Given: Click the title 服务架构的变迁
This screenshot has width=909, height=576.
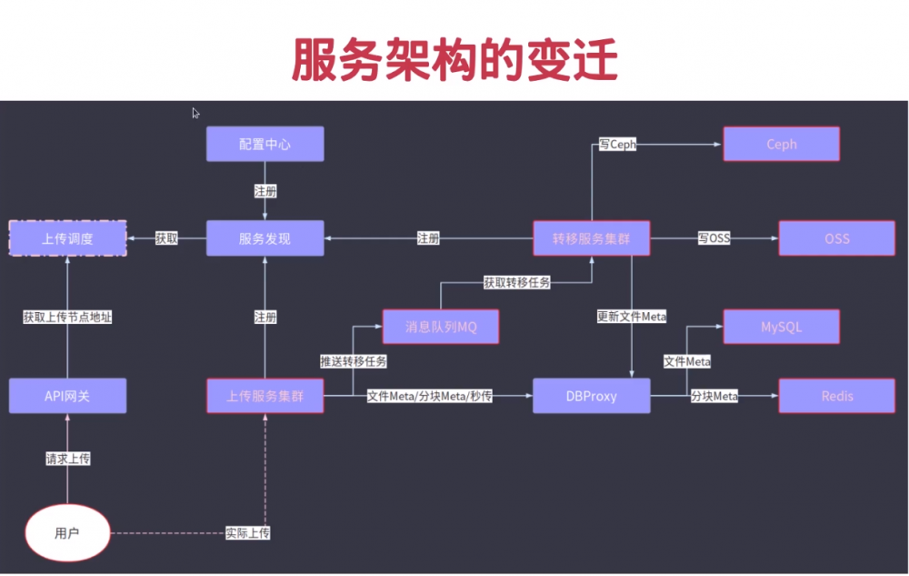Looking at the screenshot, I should (x=454, y=61).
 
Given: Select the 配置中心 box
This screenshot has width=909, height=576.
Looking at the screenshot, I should (x=265, y=144).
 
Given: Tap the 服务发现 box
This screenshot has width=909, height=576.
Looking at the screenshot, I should (x=265, y=238).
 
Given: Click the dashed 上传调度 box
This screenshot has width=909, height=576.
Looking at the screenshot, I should (x=67, y=238).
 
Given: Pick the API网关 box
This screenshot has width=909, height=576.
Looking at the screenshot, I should (x=67, y=396).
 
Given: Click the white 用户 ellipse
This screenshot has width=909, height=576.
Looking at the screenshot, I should (x=67, y=532).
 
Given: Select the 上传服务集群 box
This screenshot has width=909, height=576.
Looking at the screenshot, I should (x=265, y=396).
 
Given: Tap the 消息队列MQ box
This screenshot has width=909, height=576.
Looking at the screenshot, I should (x=441, y=327).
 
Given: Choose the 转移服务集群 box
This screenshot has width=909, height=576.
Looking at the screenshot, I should (x=592, y=238).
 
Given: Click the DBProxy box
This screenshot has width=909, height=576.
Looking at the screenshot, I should (x=592, y=396).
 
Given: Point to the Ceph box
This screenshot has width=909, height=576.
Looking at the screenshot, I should (x=781, y=144).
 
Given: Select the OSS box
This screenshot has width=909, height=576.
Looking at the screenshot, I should (x=836, y=238).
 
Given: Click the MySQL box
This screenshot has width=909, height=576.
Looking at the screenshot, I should (x=781, y=327).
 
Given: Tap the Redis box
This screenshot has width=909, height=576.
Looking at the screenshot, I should (x=836, y=396).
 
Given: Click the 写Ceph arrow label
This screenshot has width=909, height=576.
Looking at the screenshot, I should (x=617, y=144).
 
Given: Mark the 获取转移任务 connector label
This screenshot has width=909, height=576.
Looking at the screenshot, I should (x=516, y=282).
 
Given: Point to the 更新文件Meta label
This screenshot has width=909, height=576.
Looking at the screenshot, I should (x=631, y=317).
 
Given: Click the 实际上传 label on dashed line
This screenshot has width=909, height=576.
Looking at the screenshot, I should (x=247, y=532).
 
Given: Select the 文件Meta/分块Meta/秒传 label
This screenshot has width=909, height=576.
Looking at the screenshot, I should (x=429, y=396).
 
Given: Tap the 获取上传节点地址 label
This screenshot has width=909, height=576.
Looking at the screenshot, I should (x=67, y=317).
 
